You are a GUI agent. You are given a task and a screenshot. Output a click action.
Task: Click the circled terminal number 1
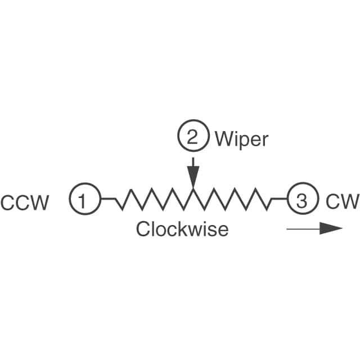[85, 200]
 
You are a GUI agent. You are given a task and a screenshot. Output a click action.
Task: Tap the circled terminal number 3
[302, 200]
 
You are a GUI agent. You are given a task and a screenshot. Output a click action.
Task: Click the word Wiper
[241, 138]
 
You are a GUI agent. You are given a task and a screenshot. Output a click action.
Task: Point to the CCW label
[25, 202]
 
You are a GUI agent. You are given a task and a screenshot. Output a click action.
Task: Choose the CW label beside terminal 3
[341, 201]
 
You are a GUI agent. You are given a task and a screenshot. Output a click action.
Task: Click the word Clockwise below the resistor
[182, 229]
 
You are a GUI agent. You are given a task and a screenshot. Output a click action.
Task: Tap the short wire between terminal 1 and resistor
[108, 199]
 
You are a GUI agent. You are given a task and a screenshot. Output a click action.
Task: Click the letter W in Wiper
[223, 138]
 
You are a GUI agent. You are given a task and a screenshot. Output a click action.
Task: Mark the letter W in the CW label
[348, 201]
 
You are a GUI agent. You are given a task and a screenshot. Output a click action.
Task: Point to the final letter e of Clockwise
[223, 230]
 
